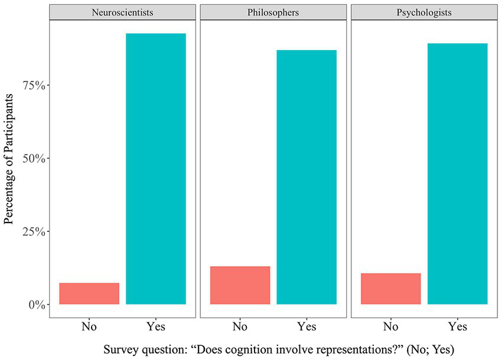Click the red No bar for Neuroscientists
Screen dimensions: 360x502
coord(89,294)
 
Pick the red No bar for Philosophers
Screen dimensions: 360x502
coord(240,286)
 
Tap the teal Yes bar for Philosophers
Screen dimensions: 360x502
coord(307,177)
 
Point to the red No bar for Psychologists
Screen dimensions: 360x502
coord(390,289)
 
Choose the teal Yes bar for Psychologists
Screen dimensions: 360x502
coord(458,174)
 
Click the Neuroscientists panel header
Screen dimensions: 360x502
coord(122,12)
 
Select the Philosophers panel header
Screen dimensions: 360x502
coord(273,12)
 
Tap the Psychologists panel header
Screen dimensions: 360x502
coord(424,12)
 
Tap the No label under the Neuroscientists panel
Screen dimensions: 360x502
coord(89,326)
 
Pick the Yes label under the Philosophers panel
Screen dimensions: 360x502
coord(307,326)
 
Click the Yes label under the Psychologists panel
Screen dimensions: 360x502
coord(458,326)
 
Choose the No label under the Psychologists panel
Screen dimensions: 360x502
coord(390,326)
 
